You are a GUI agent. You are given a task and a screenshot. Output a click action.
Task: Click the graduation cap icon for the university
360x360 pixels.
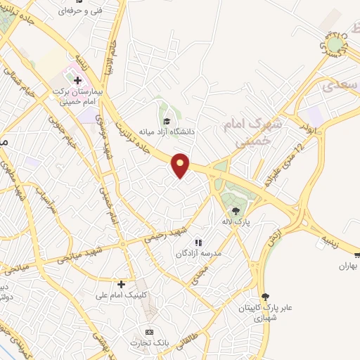(x=167, y=119)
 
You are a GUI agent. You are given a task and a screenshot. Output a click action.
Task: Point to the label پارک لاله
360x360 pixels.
(x=238, y=221)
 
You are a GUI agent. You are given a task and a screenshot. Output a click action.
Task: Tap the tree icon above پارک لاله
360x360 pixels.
(x=237, y=209)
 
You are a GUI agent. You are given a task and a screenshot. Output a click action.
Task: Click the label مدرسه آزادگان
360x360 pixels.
(x=200, y=252)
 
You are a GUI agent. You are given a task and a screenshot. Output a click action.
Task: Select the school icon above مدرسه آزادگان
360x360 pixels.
(x=198, y=242)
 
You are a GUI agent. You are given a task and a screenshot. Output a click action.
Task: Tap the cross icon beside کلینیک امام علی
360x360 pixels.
(x=122, y=284)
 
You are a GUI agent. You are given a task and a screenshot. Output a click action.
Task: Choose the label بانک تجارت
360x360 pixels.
(x=148, y=342)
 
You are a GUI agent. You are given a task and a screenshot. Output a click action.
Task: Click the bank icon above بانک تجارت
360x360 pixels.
(x=148, y=331)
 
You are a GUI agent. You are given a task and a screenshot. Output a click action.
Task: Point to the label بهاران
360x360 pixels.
(x=349, y=265)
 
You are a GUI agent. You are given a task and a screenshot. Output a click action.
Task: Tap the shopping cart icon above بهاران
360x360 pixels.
(x=356, y=255)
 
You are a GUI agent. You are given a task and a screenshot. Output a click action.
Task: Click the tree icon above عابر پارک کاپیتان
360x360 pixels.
(x=265, y=297)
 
